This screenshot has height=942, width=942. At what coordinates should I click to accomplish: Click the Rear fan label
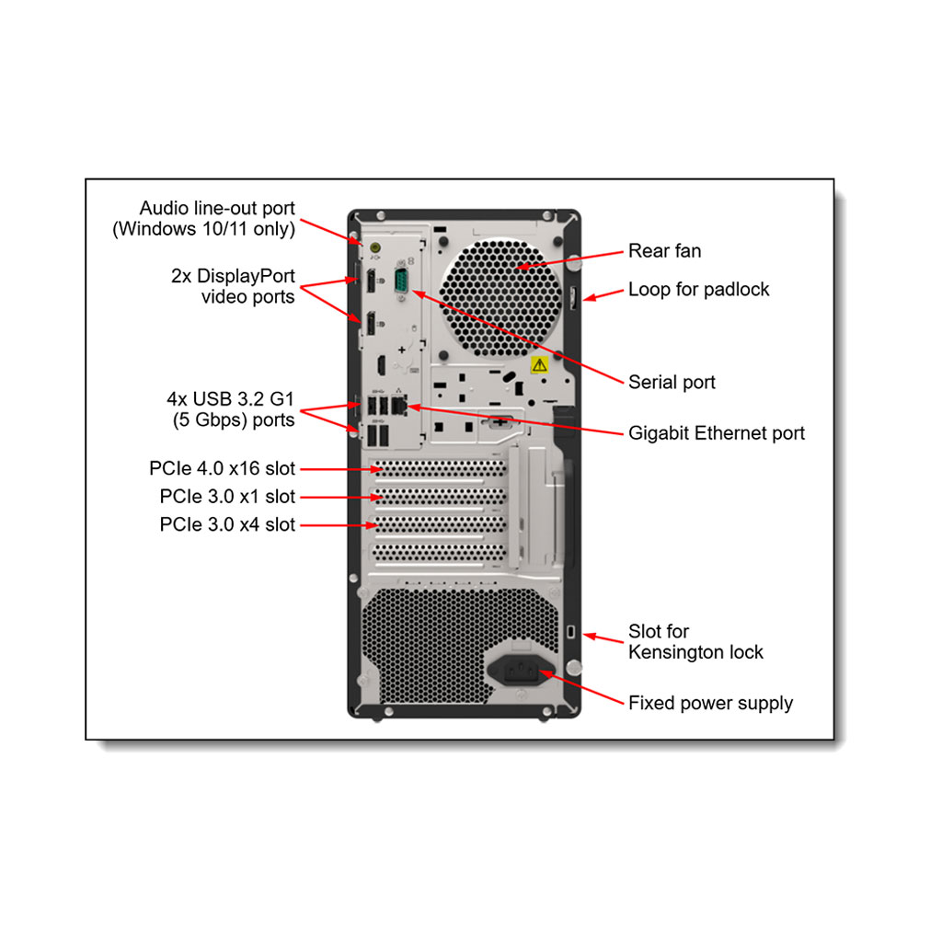(x=664, y=251)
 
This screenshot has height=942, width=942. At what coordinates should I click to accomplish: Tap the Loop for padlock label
(x=698, y=290)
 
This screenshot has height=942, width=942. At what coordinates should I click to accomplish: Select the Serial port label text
(x=672, y=382)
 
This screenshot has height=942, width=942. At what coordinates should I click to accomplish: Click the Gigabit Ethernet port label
(x=716, y=433)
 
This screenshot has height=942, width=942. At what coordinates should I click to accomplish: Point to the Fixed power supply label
(x=710, y=704)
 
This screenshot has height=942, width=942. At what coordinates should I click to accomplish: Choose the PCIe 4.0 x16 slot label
(x=223, y=469)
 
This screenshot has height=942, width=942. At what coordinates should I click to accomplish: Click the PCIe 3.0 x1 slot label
(x=227, y=497)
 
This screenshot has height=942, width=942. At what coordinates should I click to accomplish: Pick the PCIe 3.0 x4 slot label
(x=227, y=525)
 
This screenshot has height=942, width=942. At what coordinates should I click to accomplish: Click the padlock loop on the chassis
(x=572, y=296)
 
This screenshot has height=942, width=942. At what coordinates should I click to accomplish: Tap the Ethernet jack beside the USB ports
(x=398, y=405)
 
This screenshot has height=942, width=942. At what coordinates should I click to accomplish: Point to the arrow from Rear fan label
(x=570, y=258)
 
